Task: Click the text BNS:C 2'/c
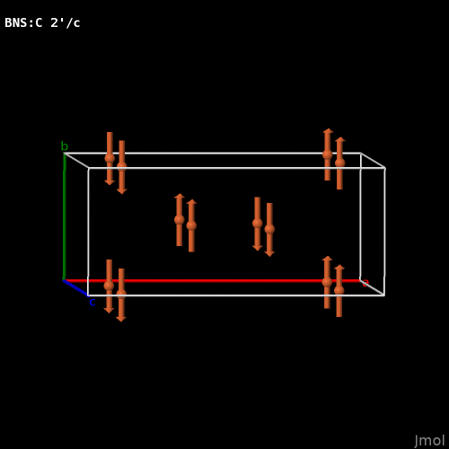point(42,23)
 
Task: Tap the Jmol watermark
point(429,441)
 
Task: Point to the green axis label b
point(65,146)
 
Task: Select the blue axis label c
point(92,303)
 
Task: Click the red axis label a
point(365,283)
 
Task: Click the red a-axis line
point(212,281)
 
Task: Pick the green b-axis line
point(64,216)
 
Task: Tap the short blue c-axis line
point(75,288)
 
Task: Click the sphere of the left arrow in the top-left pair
point(110,158)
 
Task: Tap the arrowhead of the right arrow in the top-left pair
point(122,191)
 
